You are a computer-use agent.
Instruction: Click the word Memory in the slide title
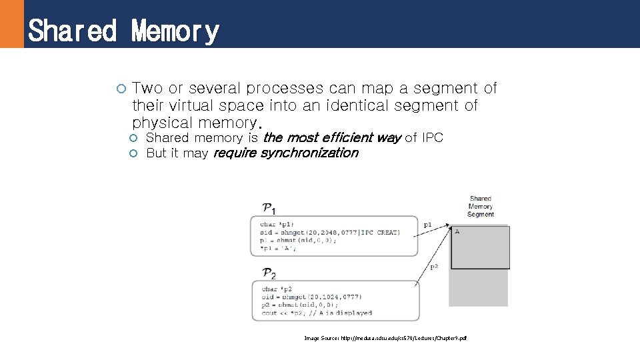(175, 31)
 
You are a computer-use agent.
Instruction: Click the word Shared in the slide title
(72, 31)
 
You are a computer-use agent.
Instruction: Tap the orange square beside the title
(11, 24)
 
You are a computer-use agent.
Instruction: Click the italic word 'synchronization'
(309, 153)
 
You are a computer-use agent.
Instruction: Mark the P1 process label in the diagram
(270, 208)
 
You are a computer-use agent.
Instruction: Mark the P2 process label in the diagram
(270, 273)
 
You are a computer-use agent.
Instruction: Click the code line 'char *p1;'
(277, 225)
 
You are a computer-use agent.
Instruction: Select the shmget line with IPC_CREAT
(330, 233)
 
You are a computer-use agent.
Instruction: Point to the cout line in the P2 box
(317, 313)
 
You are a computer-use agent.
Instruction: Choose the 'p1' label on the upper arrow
(428, 225)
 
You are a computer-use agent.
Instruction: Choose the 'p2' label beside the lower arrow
(434, 267)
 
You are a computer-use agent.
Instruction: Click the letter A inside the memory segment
(457, 231)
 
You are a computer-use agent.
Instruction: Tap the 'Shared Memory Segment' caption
(481, 207)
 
